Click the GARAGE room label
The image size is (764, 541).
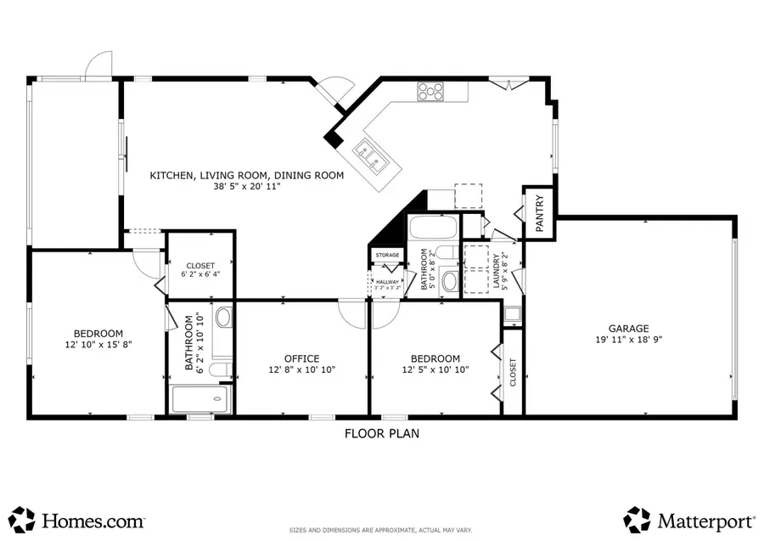[628, 329]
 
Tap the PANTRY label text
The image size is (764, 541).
[540, 214]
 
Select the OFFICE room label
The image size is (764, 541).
[301, 358]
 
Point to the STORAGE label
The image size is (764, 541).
[387, 255]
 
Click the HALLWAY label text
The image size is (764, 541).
[387, 281]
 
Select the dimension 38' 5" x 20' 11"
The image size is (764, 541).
[247, 186]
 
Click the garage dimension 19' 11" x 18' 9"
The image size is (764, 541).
[628, 340]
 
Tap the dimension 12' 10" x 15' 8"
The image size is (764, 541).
[98, 344]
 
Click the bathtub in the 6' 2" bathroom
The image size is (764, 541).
[200, 399]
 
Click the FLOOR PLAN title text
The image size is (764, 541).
[381, 433]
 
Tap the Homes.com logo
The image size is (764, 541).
[78, 519]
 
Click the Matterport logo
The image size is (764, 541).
[689, 519]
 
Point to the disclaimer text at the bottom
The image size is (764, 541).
[381, 529]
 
